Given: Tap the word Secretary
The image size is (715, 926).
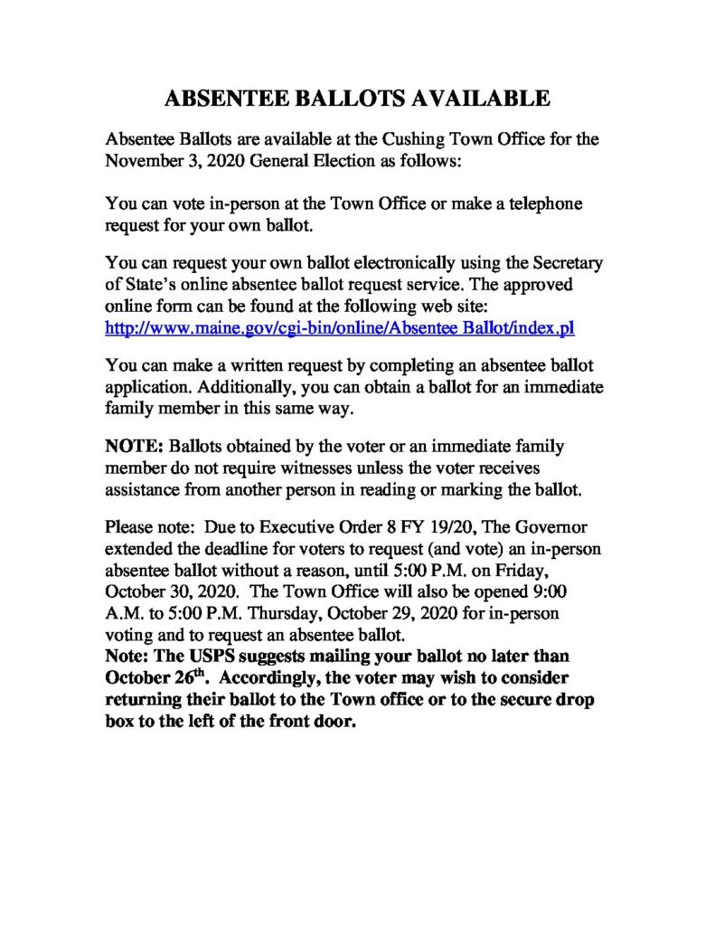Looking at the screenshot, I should click(x=559, y=265).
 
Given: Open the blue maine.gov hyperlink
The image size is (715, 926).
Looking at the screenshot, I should click(x=340, y=328).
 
